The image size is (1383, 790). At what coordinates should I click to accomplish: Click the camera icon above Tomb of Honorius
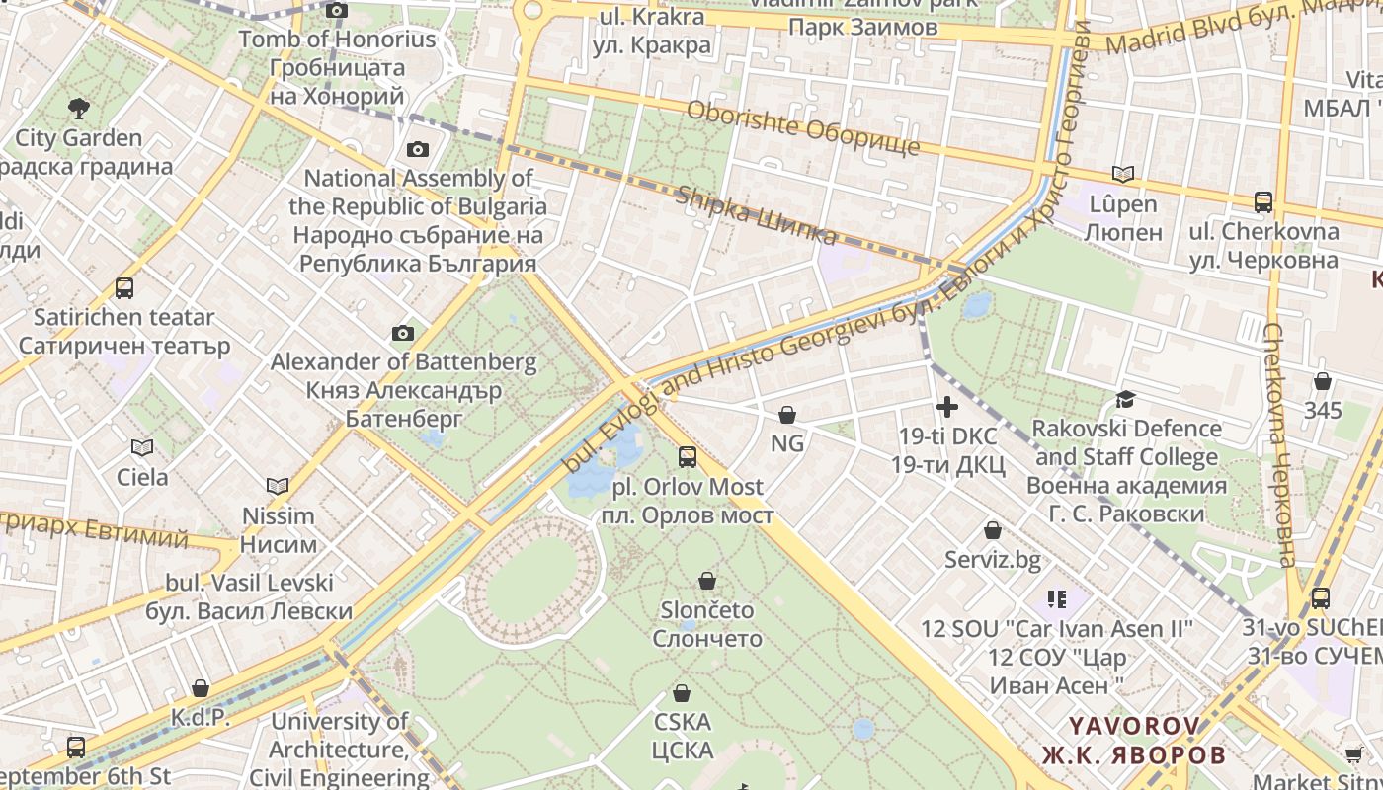[x=337, y=11]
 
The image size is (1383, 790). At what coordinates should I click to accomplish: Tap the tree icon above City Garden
[x=78, y=108]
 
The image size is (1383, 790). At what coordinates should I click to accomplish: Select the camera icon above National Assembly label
[x=418, y=149]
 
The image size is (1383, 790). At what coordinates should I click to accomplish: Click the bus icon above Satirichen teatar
[x=123, y=288]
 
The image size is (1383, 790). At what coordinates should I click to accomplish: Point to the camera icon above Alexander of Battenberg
[x=402, y=333]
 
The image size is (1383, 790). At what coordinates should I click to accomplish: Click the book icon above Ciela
[x=142, y=447]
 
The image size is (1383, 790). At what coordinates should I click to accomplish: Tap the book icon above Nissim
[x=278, y=486]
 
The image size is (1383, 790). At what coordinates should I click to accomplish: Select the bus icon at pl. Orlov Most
[x=687, y=457]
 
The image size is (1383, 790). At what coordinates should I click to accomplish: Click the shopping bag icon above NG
[x=787, y=414]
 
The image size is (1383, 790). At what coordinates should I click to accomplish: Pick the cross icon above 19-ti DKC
[x=947, y=406]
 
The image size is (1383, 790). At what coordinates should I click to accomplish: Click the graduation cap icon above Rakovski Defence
[x=1125, y=399]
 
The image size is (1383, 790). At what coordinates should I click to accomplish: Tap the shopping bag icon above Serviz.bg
[x=993, y=530]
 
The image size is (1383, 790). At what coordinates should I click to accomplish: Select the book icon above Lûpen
[x=1123, y=175]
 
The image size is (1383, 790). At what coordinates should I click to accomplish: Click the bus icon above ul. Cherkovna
[x=1262, y=202]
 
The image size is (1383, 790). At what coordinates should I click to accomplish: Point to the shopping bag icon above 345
[x=1323, y=380]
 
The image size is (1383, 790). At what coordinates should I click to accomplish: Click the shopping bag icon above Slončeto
[x=706, y=580]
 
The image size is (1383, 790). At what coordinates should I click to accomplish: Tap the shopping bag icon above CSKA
[x=682, y=693]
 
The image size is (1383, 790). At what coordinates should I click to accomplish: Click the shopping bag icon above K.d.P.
[x=201, y=687]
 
